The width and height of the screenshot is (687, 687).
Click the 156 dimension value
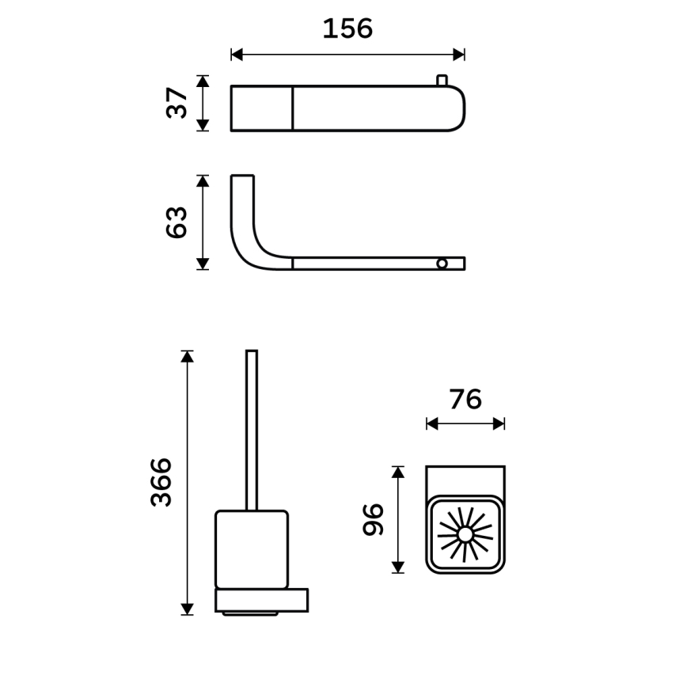tap(347, 29)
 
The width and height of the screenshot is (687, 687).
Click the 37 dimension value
tap(178, 103)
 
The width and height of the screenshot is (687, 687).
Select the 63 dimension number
tap(177, 222)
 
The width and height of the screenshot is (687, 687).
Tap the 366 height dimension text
tap(161, 481)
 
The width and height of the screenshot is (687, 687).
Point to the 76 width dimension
tap(465, 400)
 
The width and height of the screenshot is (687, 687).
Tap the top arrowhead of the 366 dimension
tap(188, 356)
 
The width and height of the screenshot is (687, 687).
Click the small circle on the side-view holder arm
tap(442, 263)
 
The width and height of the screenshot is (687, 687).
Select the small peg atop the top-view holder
tap(442, 80)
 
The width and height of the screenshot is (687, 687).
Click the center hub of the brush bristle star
tap(465, 534)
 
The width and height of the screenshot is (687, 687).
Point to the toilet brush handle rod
tap(252, 427)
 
